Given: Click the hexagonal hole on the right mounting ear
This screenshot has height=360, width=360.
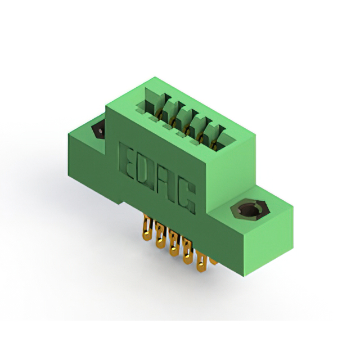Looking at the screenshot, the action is pos(250,209).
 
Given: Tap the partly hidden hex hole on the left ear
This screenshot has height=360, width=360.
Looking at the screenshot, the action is pos(99,130).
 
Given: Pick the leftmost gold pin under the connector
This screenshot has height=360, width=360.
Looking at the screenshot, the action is pos(147,228).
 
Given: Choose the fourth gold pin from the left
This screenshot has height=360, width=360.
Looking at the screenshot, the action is pos(187,251).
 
